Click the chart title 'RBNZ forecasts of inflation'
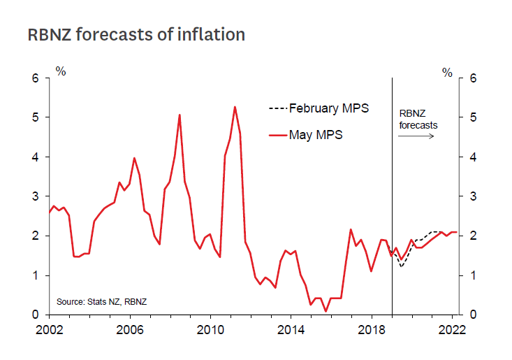136,34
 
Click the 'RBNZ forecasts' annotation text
418,119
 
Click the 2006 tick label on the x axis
130,329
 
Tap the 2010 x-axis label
210,329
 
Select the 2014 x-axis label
291,329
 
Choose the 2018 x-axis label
371,329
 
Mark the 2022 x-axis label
451,329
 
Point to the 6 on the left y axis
36,78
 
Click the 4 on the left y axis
36,157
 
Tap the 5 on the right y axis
472,117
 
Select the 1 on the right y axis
472,275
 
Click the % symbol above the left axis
61,71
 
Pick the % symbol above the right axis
447,71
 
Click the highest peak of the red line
235,107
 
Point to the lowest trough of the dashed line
402,267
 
